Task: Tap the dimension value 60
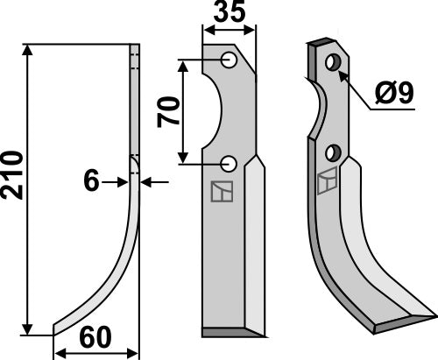click(95, 336)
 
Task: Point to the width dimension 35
click(229, 13)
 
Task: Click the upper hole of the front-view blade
click(228, 60)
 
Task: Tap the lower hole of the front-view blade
click(228, 163)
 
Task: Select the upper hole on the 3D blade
click(332, 63)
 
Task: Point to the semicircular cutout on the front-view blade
click(213, 111)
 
